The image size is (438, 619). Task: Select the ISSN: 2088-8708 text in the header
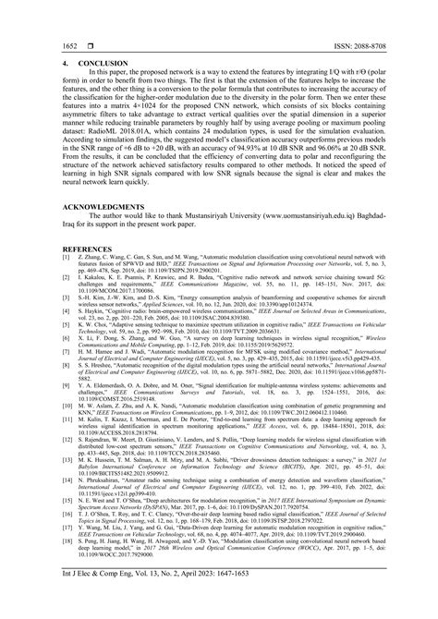358,43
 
